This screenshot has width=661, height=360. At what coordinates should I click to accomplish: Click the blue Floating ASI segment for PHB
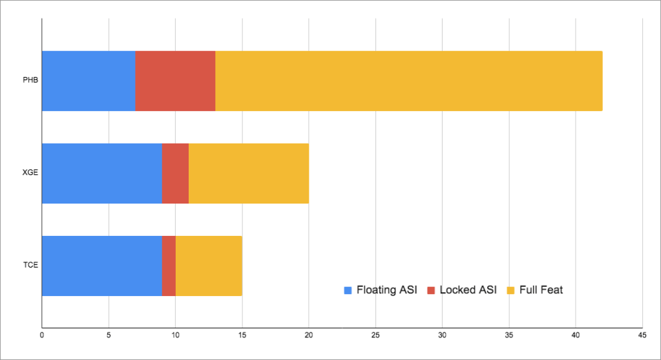(x=89, y=81)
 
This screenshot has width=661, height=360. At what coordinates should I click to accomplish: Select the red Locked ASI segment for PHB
(x=175, y=81)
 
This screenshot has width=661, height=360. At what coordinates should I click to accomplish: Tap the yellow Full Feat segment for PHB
(x=408, y=81)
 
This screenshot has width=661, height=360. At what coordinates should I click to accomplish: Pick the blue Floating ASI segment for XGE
(x=101, y=173)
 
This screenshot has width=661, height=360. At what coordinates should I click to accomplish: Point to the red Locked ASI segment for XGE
(x=175, y=173)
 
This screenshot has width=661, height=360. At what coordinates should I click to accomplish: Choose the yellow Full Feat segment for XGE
(x=248, y=173)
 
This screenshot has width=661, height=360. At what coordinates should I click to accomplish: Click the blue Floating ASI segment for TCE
(x=101, y=266)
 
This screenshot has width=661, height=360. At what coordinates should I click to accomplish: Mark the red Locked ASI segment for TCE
(x=169, y=266)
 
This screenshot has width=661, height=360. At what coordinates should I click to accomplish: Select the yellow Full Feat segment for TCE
(x=209, y=266)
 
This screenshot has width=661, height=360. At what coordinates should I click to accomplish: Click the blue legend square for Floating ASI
(x=348, y=290)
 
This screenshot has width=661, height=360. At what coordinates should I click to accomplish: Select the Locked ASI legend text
(x=468, y=290)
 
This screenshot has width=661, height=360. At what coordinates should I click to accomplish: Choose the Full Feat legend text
(x=541, y=290)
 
